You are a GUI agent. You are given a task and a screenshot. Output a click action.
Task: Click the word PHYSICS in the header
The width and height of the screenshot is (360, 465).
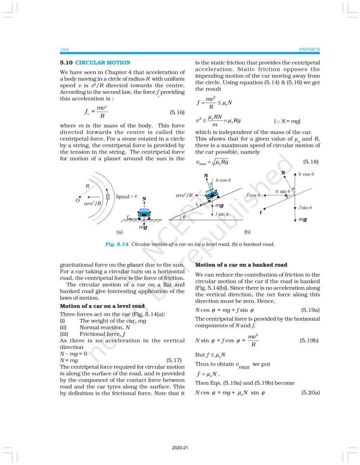[310, 49]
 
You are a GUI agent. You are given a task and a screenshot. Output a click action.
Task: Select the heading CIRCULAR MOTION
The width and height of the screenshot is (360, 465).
[103, 63]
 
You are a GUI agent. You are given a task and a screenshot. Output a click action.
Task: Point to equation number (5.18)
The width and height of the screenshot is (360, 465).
[311, 162]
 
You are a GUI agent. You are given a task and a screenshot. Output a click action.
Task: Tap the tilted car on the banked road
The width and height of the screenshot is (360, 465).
[210, 194]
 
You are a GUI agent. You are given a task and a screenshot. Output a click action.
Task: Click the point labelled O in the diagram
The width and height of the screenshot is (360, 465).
[79, 199]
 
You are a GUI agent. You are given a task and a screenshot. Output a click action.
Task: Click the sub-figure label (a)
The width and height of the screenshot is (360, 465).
[119, 232]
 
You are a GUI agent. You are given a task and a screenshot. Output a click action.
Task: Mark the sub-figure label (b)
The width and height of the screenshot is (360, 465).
[247, 232]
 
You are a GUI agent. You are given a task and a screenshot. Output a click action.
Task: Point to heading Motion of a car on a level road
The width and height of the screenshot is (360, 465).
[103, 306]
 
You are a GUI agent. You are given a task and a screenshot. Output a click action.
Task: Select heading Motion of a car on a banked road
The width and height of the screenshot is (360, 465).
[242, 265]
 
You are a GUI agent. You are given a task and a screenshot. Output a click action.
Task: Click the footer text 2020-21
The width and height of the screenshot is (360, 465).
[180, 448]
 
